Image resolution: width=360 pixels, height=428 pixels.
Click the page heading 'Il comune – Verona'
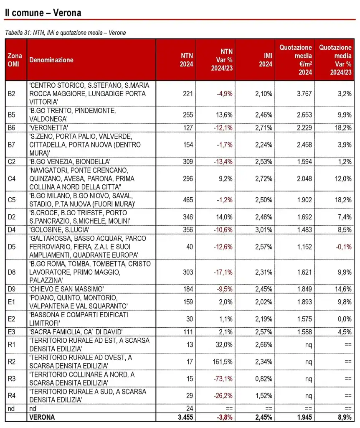43,13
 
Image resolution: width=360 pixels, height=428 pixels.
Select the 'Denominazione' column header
51,60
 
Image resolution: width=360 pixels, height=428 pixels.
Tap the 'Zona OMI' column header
15,60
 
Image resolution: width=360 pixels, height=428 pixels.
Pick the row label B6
12,127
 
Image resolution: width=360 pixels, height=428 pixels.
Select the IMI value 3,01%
264,228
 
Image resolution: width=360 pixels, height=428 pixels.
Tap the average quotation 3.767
304,94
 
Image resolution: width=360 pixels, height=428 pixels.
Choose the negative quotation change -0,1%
344,247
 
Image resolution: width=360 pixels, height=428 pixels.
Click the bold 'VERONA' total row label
42,417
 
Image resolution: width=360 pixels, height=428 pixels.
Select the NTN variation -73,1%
223,379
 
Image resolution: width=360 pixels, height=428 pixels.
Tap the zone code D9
12,289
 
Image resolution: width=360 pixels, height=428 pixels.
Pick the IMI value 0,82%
264,379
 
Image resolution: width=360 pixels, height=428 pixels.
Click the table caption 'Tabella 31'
16,33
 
